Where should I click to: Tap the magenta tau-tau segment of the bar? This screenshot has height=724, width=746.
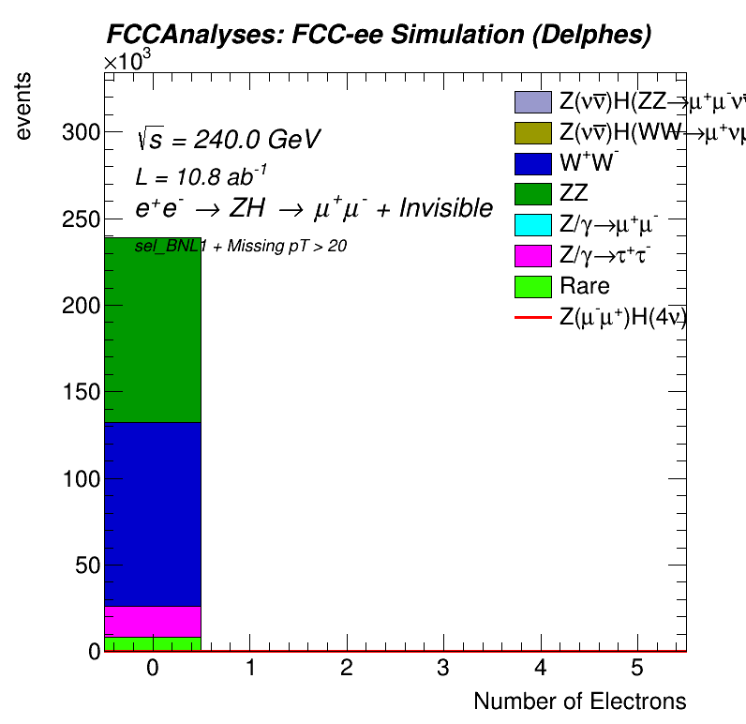(152, 621)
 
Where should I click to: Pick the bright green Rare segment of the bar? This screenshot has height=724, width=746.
(152, 643)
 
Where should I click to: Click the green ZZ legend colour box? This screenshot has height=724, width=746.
(531, 193)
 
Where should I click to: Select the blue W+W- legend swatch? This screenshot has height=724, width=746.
(531, 162)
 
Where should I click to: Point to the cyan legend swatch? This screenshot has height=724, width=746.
(531, 224)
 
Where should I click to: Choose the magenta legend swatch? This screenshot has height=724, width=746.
(531, 255)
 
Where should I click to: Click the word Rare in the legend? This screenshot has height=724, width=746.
(584, 286)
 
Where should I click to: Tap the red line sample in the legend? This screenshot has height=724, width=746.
(531, 318)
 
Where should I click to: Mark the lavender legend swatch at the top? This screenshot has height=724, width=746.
(531, 101)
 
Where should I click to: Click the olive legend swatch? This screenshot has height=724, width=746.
(531, 132)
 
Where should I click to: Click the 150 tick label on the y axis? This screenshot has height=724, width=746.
(81, 392)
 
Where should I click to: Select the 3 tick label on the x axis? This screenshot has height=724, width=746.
(442, 668)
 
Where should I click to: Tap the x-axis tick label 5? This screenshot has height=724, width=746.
(636, 668)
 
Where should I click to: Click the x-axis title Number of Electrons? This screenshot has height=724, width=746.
(579, 701)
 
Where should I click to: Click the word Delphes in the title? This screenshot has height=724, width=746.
(600, 36)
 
